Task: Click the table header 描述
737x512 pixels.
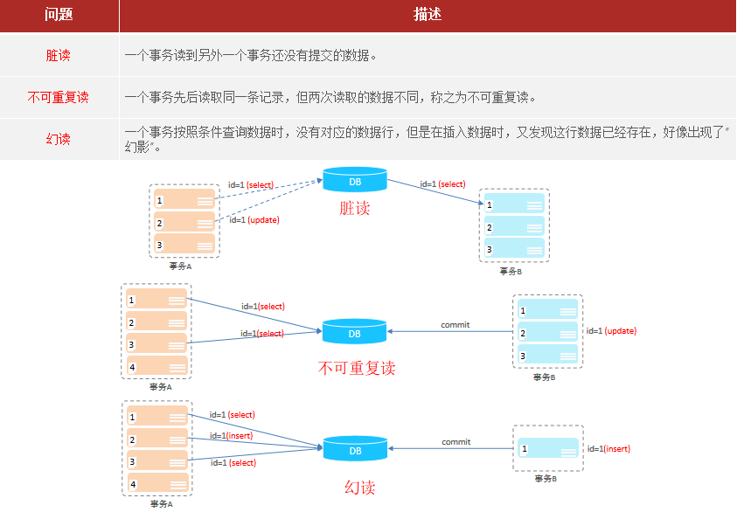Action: tap(427, 16)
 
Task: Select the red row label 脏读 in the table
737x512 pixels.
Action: tap(58, 55)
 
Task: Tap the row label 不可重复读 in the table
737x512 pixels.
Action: tap(58, 97)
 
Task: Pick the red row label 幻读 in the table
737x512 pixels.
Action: tap(58, 139)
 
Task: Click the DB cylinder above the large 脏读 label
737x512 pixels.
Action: tap(355, 181)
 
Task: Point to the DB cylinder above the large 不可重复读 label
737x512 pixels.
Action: tap(355, 332)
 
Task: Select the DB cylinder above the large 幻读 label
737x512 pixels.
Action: tap(355, 449)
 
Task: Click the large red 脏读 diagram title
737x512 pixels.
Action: tap(355, 209)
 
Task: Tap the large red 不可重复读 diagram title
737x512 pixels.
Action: tap(357, 369)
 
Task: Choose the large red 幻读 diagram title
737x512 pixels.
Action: tap(359, 487)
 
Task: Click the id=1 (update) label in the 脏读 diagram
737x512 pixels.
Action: tap(254, 220)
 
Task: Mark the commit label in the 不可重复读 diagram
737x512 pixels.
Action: tap(455, 325)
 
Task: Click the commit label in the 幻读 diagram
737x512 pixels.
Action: tap(455, 442)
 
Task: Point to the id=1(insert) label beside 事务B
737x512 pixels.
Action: tap(608, 449)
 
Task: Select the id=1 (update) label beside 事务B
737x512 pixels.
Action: tap(611, 331)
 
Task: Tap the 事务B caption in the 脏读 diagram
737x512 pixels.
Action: tap(511, 271)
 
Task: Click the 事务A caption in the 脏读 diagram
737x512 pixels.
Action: tap(181, 266)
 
